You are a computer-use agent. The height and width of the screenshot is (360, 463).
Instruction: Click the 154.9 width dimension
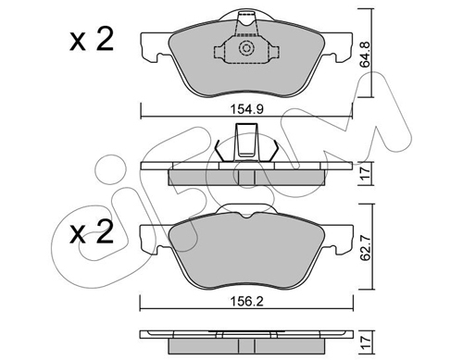246,109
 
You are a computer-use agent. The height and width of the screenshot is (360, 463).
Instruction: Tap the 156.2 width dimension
246,302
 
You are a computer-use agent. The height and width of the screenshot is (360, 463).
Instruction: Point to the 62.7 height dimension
366,247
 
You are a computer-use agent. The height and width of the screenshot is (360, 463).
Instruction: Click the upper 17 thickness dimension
366,173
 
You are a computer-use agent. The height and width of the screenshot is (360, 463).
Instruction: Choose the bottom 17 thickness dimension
366,341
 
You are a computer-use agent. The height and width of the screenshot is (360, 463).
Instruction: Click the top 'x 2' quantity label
92,40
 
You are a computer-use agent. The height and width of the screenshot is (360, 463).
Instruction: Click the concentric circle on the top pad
246,48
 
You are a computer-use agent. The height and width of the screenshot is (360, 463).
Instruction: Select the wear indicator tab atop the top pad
246,23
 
